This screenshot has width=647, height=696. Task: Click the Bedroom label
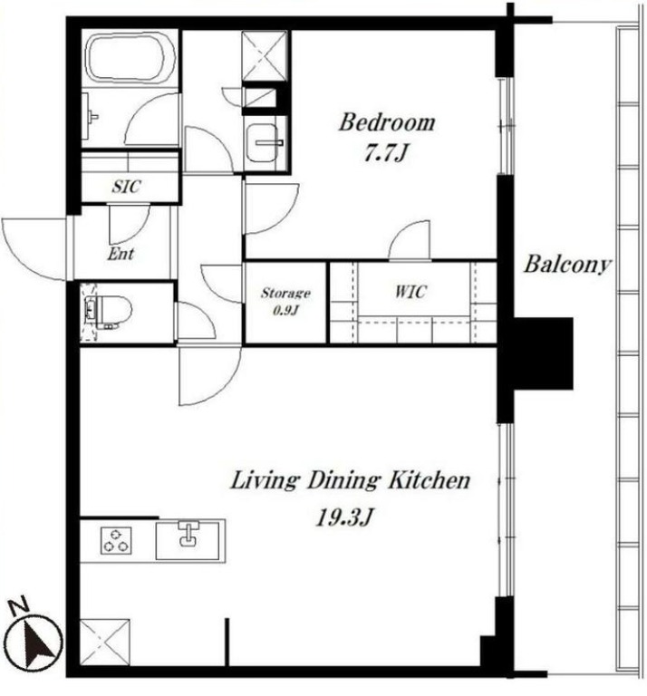pos(387,122)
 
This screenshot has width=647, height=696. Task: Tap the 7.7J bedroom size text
pos(385,152)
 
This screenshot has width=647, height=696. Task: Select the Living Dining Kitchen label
pos(350,480)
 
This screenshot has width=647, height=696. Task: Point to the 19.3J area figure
pos(344,517)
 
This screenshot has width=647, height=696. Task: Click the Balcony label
pos(566,265)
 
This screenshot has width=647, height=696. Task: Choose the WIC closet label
pos(410,292)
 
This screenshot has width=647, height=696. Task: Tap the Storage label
pos(285,293)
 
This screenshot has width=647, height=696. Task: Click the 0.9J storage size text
pos(285,310)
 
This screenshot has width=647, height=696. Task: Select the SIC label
pos(127,187)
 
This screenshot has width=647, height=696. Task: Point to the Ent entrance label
pos(121,254)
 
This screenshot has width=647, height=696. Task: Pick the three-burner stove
pos(116,540)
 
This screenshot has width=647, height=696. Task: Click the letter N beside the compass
pos(19,606)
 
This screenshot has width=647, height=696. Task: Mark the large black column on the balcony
pos(543,353)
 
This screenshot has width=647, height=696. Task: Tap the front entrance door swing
pos(34,248)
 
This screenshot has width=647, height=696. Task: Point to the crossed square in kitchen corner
pos(105,643)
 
